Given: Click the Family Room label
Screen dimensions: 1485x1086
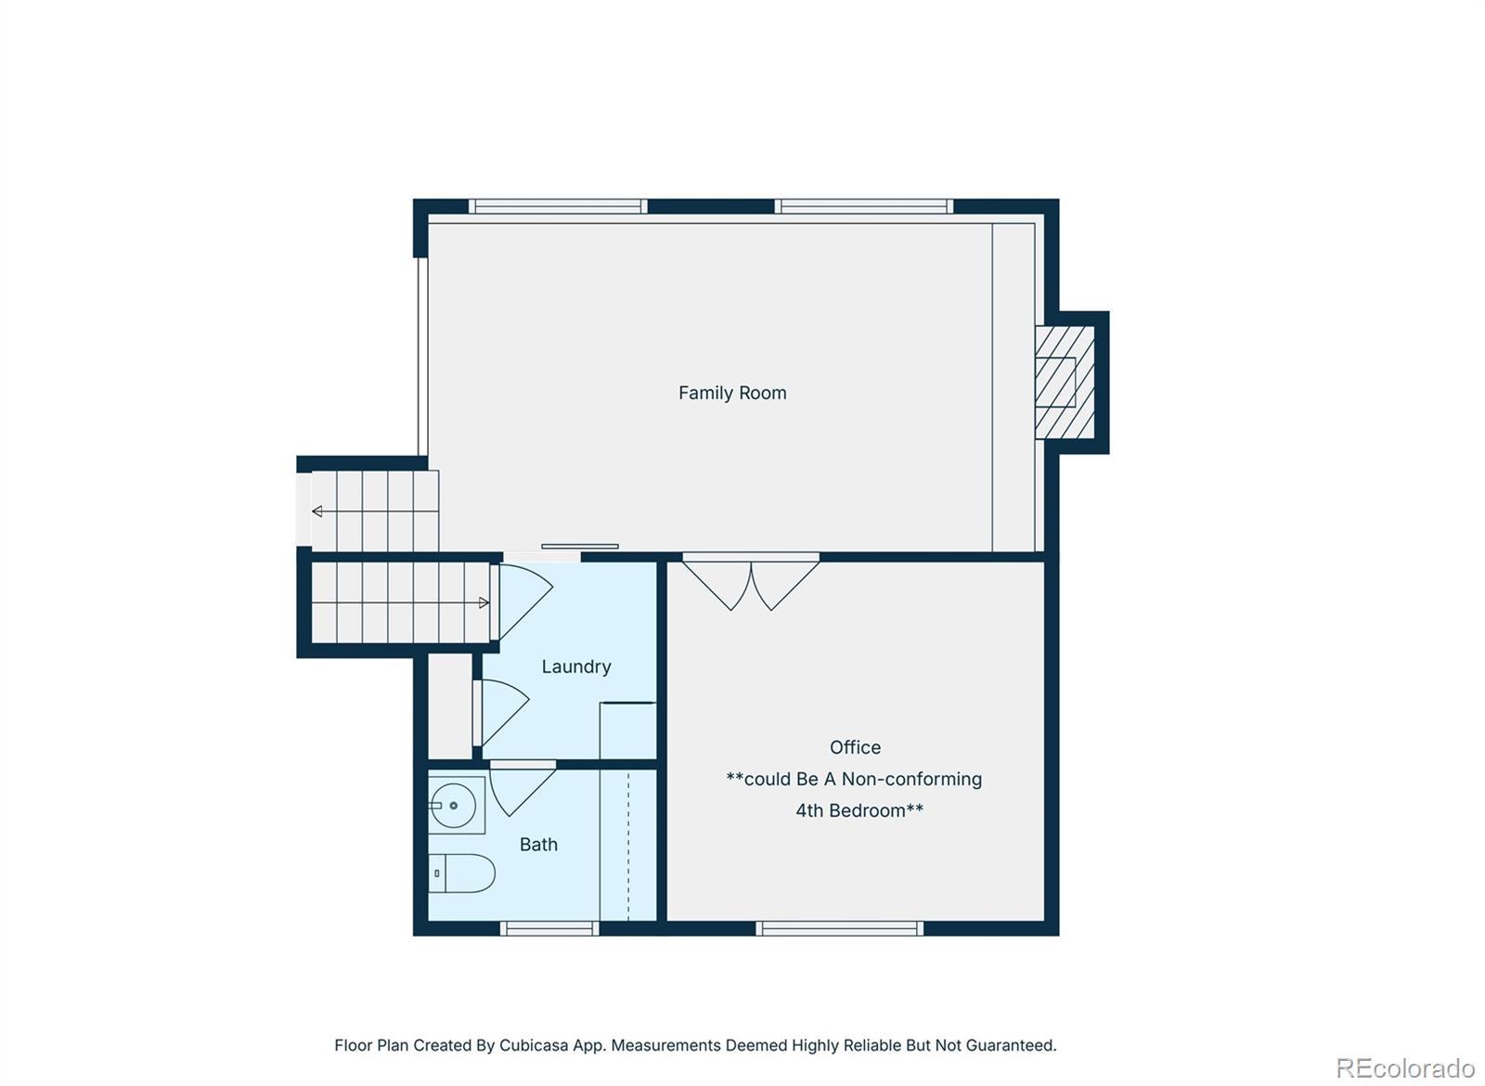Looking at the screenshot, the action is (x=732, y=394).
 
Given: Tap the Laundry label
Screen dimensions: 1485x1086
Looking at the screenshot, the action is (x=576, y=667).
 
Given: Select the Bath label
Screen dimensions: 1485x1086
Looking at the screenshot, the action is (x=538, y=845).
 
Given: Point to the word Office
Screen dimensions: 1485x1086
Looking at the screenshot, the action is (x=855, y=747).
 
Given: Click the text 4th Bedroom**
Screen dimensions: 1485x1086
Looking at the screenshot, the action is (x=859, y=810).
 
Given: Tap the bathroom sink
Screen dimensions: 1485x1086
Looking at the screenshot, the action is (x=456, y=806).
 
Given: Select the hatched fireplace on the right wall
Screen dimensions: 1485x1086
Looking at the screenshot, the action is (x=1065, y=381).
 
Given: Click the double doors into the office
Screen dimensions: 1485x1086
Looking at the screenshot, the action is (x=751, y=583).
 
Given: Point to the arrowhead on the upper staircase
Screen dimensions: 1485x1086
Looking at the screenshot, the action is (x=316, y=511).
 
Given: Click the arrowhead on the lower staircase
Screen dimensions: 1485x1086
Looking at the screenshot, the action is (x=484, y=602).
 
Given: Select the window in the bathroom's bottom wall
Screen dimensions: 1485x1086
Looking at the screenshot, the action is (x=549, y=929).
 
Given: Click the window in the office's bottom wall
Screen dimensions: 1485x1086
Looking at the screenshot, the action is (x=839, y=929).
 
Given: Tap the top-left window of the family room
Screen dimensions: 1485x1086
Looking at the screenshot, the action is (x=558, y=206).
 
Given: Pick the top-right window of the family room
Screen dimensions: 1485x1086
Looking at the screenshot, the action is (x=864, y=206).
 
